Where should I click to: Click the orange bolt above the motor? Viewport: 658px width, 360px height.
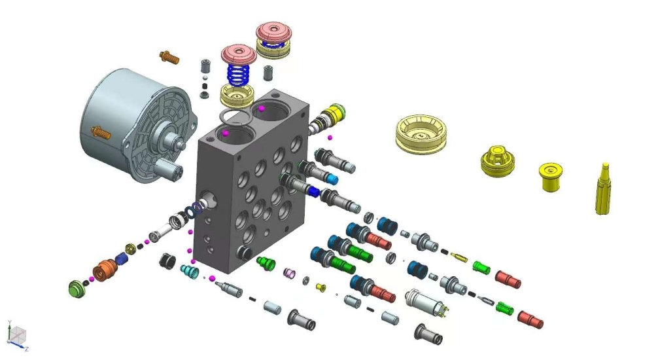click(169, 57)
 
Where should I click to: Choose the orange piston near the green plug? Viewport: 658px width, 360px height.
click(104, 268)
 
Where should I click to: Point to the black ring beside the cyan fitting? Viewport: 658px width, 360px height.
click(168, 260)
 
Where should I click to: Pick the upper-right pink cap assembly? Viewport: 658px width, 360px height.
click(273, 33)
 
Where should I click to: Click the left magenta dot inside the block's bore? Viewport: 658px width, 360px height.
click(225, 133)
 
